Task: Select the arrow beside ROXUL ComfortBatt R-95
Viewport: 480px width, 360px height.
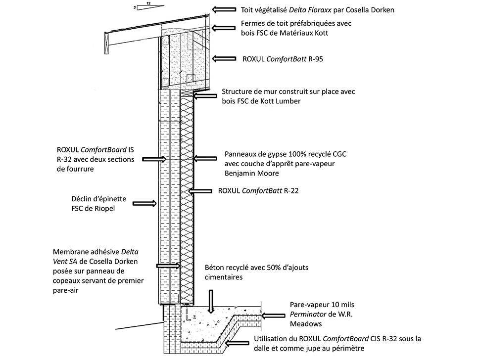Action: [x=224, y=58]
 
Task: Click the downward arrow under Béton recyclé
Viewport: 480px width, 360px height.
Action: [x=211, y=302]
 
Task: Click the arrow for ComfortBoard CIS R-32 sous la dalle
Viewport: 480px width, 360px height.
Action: [x=239, y=342]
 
